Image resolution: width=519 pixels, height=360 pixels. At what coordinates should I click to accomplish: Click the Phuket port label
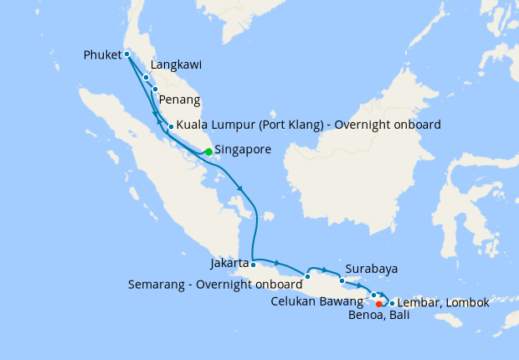click(103, 55)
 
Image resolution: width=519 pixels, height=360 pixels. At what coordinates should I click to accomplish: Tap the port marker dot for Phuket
click(126, 54)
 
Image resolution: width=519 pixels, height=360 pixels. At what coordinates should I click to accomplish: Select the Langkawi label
click(176, 64)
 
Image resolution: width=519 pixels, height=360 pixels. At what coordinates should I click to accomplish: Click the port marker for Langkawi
click(146, 77)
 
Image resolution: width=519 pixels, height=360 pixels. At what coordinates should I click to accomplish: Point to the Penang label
click(179, 100)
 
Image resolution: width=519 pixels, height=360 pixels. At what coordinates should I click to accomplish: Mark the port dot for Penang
click(155, 89)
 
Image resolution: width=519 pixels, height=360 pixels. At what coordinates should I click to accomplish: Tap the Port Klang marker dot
click(171, 127)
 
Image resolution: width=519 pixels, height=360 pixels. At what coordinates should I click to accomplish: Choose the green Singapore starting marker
click(208, 152)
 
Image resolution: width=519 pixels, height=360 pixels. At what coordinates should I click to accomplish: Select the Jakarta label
click(229, 263)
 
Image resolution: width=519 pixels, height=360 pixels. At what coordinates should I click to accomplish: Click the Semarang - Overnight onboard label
click(215, 284)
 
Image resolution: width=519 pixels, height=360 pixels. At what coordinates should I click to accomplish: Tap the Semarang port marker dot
click(308, 276)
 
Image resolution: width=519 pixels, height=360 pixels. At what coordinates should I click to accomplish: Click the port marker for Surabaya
click(342, 280)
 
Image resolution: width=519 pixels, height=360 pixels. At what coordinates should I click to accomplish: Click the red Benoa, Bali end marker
click(379, 304)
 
